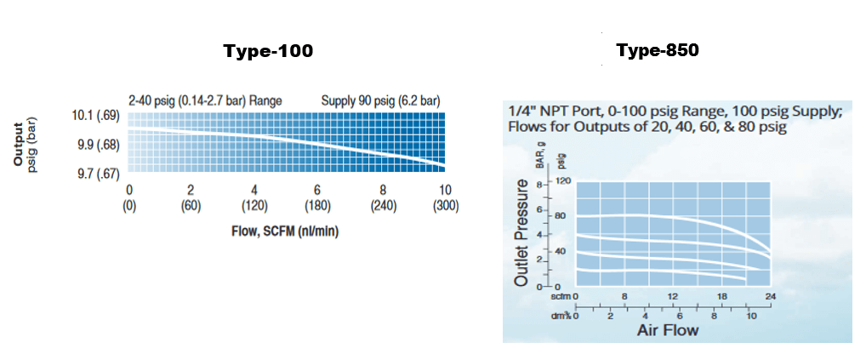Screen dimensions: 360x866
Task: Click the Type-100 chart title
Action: point(268,51)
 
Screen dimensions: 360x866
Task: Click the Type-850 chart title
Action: point(658,50)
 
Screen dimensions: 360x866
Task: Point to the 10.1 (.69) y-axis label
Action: point(98,116)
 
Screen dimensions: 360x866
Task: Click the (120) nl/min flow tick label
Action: point(254,206)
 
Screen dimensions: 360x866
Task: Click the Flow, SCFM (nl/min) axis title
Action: point(285,231)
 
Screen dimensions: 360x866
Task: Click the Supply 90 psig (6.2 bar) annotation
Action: point(380,100)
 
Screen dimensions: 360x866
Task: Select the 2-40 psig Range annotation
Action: point(205,100)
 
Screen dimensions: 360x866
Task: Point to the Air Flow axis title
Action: point(667,329)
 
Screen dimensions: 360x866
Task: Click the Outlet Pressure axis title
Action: point(521,231)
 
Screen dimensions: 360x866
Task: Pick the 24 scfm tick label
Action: point(771,297)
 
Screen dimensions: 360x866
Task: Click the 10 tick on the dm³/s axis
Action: point(750,315)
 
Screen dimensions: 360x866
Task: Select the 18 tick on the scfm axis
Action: point(722,297)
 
